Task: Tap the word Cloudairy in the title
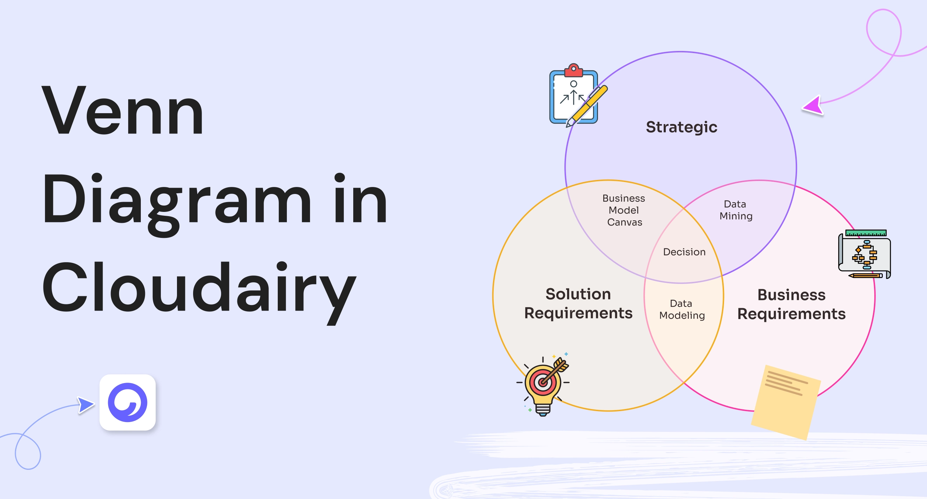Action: tap(199, 288)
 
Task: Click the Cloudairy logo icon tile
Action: tap(127, 402)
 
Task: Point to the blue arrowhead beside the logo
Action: tap(85, 405)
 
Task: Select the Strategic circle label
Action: tap(681, 127)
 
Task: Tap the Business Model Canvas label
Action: tap(624, 210)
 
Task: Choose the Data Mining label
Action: tap(736, 210)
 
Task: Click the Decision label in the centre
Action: tap(684, 252)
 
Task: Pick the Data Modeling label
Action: tap(682, 309)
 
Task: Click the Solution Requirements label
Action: tap(578, 304)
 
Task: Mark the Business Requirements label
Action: tap(791, 304)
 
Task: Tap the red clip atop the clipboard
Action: tap(574, 71)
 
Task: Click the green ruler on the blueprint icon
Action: tap(866, 233)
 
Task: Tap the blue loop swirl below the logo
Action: tap(28, 452)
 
